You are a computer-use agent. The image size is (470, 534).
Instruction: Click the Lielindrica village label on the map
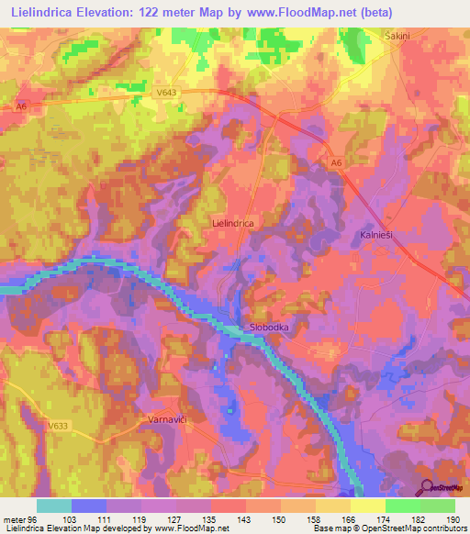tap(232, 222)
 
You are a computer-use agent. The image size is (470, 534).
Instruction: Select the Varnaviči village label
tap(167, 419)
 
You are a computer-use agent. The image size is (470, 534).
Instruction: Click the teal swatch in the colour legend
tap(54, 506)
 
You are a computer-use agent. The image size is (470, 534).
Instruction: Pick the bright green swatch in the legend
tap(403, 506)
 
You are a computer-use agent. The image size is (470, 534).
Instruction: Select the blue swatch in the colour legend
tap(89, 506)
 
